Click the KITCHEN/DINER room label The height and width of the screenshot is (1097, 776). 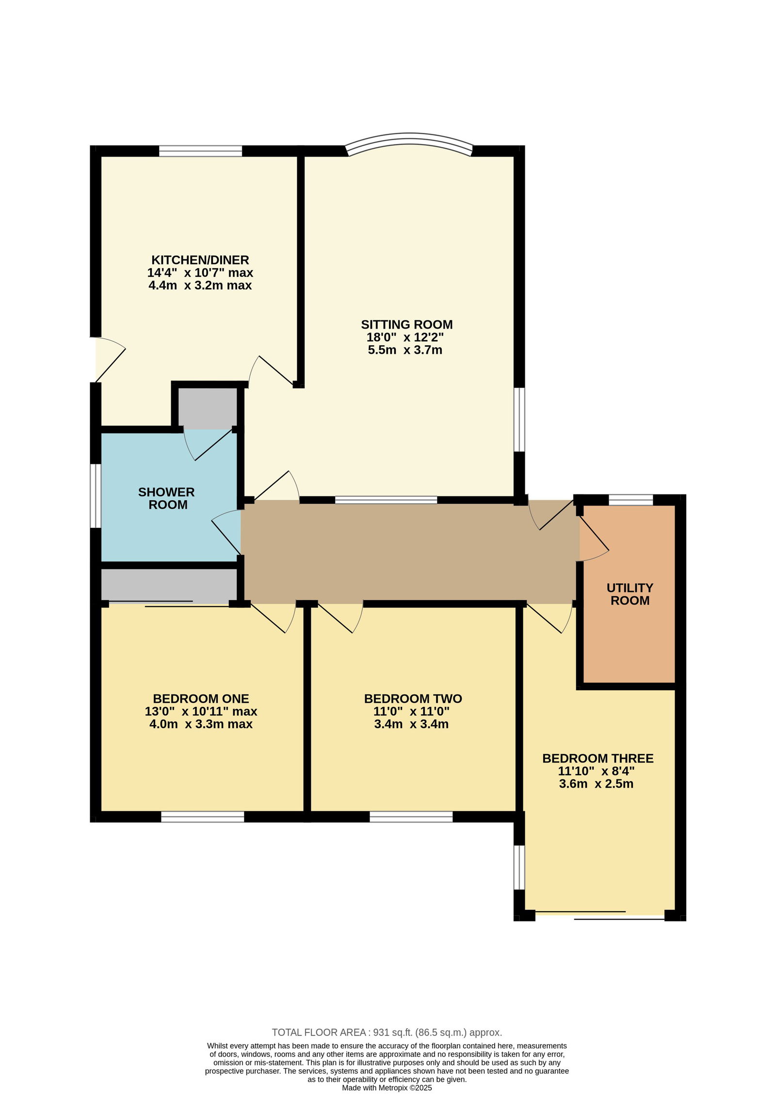[x=200, y=260]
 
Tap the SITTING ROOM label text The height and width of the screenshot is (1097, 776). [x=406, y=324]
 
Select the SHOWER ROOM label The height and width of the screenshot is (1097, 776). [x=167, y=498]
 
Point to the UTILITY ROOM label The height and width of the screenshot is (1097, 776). [x=630, y=594]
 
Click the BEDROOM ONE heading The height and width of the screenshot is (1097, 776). [x=201, y=699]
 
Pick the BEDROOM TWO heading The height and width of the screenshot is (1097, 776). [x=413, y=699]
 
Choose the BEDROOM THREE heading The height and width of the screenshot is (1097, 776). [x=598, y=758]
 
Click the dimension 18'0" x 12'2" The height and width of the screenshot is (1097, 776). [x=405, y=337]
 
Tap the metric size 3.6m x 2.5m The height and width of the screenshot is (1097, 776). [x=596, y=784]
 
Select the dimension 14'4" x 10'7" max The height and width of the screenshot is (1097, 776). [x=200, y=272]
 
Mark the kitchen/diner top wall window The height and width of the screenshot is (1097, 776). [x=200, y=151]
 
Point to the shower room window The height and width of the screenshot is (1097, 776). [x=96, y=496]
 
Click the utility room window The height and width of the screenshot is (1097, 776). [x=630, y=500]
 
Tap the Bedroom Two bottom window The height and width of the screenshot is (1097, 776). [x=411, y=817]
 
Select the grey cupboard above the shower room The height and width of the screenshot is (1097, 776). [x=208, y=408]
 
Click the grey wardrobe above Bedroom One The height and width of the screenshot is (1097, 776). [x=169, y=585]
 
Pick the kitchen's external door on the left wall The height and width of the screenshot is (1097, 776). [x=108, y=359]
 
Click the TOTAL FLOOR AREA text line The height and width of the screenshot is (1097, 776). [x=387, y=1033]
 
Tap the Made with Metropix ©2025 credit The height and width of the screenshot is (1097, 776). [x=387, y=1088]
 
